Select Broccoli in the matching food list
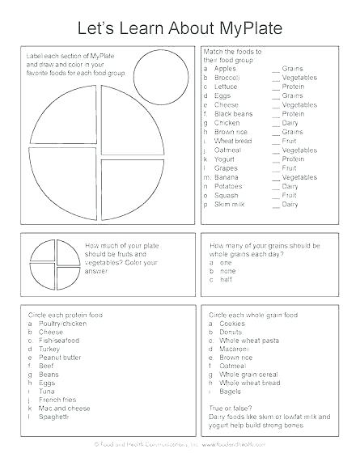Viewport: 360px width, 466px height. [231, 78]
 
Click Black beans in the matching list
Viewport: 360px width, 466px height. [234, 114]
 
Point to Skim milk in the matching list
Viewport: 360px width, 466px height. [231, 205]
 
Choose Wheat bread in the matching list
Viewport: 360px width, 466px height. [235, 141]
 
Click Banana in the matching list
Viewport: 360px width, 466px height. [229, 177]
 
